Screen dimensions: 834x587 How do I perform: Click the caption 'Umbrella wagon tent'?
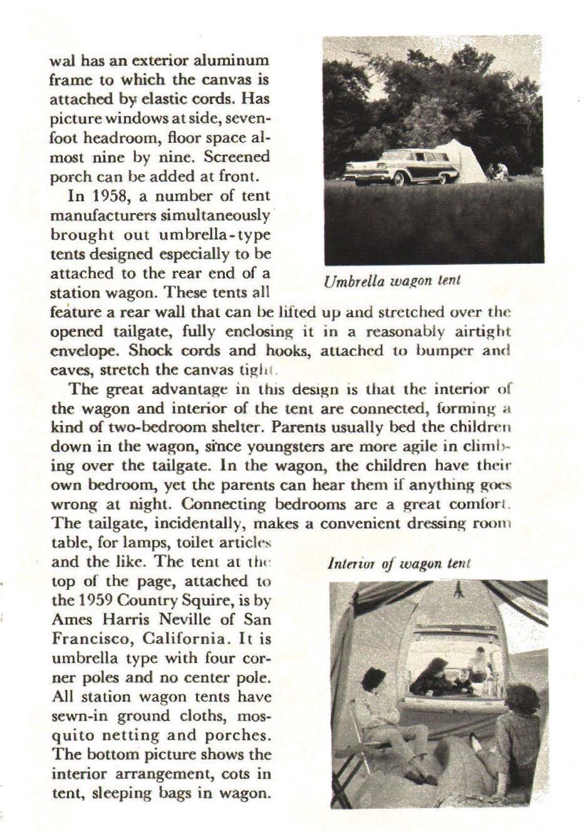click(x=392, y=280)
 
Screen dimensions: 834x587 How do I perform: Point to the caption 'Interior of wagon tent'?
click(x=399, y=563)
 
